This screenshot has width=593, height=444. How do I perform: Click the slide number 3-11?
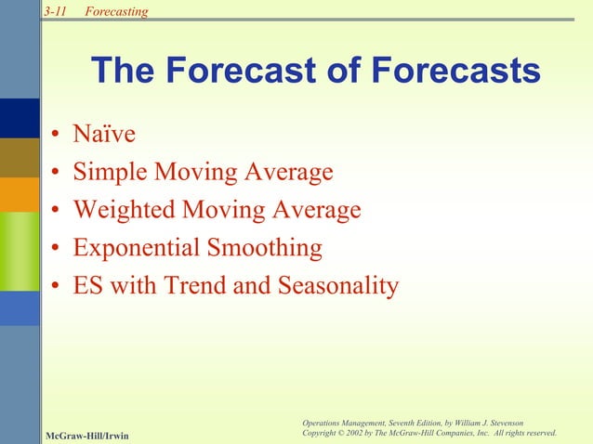tap(55, 11)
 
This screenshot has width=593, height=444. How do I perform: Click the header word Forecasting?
tap(115, 11)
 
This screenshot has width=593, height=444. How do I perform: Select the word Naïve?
tap(104, 135)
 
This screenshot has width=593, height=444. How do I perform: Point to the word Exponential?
tap(136, 248)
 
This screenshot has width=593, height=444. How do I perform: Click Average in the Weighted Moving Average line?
tap(316, 211)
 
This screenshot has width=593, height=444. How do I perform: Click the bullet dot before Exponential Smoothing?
tap(57, 250)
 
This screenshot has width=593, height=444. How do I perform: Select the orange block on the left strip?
tap(20, 194)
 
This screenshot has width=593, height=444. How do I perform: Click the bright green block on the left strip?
tap(20, 251)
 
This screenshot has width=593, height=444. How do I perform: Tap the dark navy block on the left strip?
tap(20, 117)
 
